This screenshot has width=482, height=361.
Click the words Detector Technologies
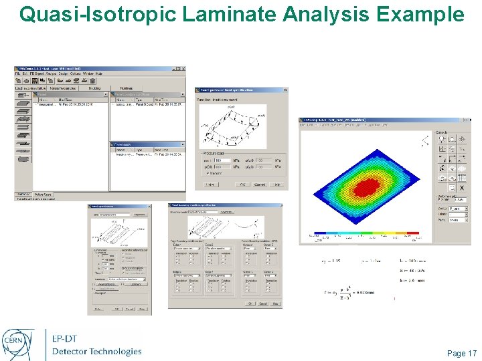click(x=96, y=352)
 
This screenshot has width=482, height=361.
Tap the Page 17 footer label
click(x=462, y=354)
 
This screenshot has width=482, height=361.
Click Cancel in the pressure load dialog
click(x=259, y=185)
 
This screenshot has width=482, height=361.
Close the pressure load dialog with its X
click(x=285, y=90)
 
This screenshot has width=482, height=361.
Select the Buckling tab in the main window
click(x=94, y=88)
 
